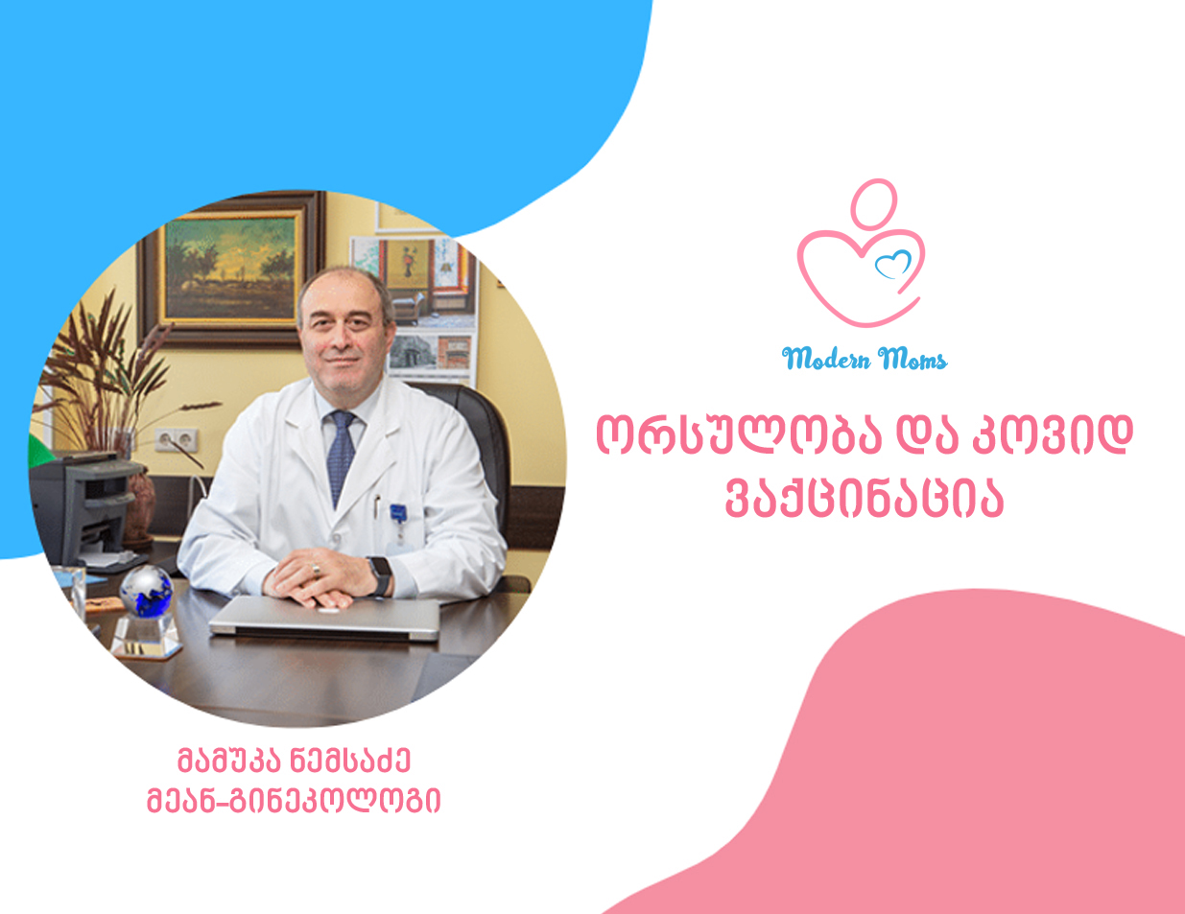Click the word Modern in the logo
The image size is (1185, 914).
[x=825, y=359]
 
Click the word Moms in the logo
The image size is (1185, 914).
[x=912, y=359]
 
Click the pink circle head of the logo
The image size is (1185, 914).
[x=873, y=204]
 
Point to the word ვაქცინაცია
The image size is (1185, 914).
[x=865, y=500]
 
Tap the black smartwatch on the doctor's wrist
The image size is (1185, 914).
[x=380, y=575]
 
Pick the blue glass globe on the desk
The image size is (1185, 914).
[x=146, y=591]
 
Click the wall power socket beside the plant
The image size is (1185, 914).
[x=176, y=439]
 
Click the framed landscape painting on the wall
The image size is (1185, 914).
[x=230, y=270]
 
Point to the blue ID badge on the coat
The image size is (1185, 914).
[x=398, y=513]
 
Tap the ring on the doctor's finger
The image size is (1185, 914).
[x=316, y=570]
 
